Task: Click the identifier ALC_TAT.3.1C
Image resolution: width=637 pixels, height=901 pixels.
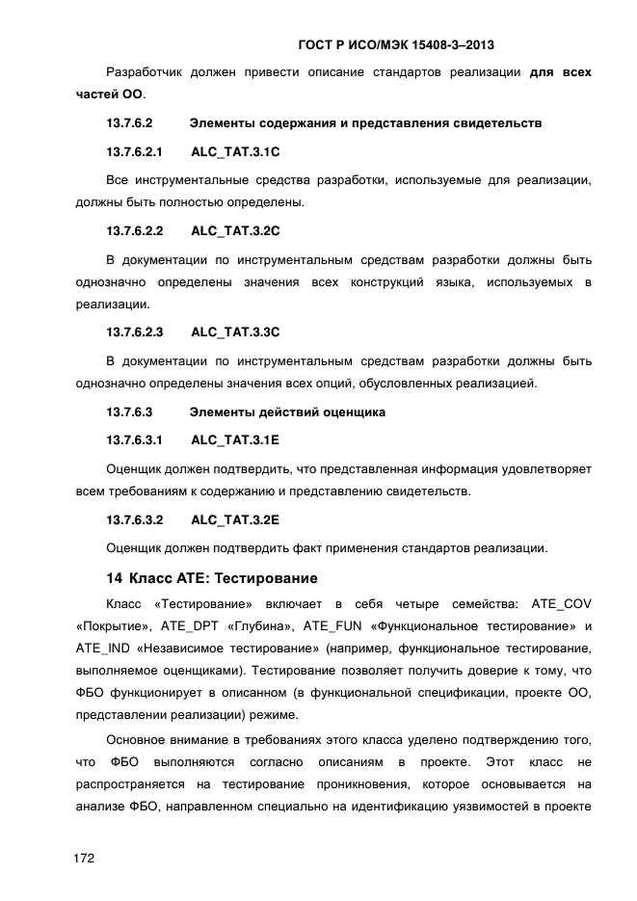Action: (235, 153)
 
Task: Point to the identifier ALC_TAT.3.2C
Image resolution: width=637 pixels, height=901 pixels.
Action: (235, 231)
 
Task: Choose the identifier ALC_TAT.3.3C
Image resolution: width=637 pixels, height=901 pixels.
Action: (235, 332)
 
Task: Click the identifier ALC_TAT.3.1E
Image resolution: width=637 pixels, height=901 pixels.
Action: (235, 440)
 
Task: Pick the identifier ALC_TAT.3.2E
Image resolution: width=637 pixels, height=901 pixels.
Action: (235, 519)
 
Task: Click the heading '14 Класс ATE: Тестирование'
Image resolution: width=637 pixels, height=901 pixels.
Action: (211, 579)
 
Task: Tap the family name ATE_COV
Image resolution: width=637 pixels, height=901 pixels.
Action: (556, 604)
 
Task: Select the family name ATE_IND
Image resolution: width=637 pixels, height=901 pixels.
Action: (104, 649)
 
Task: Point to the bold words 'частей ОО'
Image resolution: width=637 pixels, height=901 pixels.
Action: (109, 94)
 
